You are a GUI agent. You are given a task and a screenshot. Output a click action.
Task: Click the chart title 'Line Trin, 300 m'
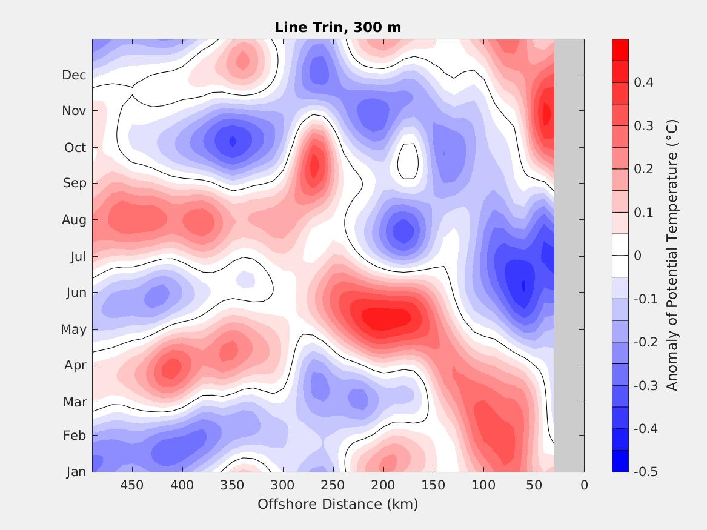pyautogui.click(x=337, y=27)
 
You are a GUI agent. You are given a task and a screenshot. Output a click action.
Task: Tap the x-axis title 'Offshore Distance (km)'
pyautogui.click(x=337, y=504)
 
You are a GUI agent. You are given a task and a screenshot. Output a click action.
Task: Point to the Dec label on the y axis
pyautogui.click(x=74, y=75)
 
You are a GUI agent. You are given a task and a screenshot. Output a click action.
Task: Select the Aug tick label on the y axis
pyautogui.click(x=75, y=220)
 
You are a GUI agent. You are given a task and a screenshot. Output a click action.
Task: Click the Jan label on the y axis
pyautogui.click(x=76, y=472)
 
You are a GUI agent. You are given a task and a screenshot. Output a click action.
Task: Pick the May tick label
pyautogui.click(x=73, y=330)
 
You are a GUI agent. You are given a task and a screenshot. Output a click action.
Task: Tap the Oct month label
pyautogui.click(x=75, y=148)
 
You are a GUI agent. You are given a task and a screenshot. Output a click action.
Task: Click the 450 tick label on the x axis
pyautogui.click(x=131, y=485)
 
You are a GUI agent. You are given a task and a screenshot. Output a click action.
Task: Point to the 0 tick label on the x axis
pyautogui.click(x=584, y=485)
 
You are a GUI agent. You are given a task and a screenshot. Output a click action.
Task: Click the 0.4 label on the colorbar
pyautogui.click(x=643, y=82)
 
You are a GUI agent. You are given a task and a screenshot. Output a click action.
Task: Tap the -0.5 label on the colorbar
pyautogui.click(x=645, y=472)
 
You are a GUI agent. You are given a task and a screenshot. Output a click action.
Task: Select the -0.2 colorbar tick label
pyautogui.click(x=645, y=342)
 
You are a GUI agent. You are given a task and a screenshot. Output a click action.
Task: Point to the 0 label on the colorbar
pyautogui.click(x=637, y=256)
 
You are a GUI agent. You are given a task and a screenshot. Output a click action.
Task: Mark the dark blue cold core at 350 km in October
pyautogui.click(x=233, y=142)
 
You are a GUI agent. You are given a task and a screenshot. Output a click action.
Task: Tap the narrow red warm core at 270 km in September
pyautogui.click(x=314, y=165)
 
